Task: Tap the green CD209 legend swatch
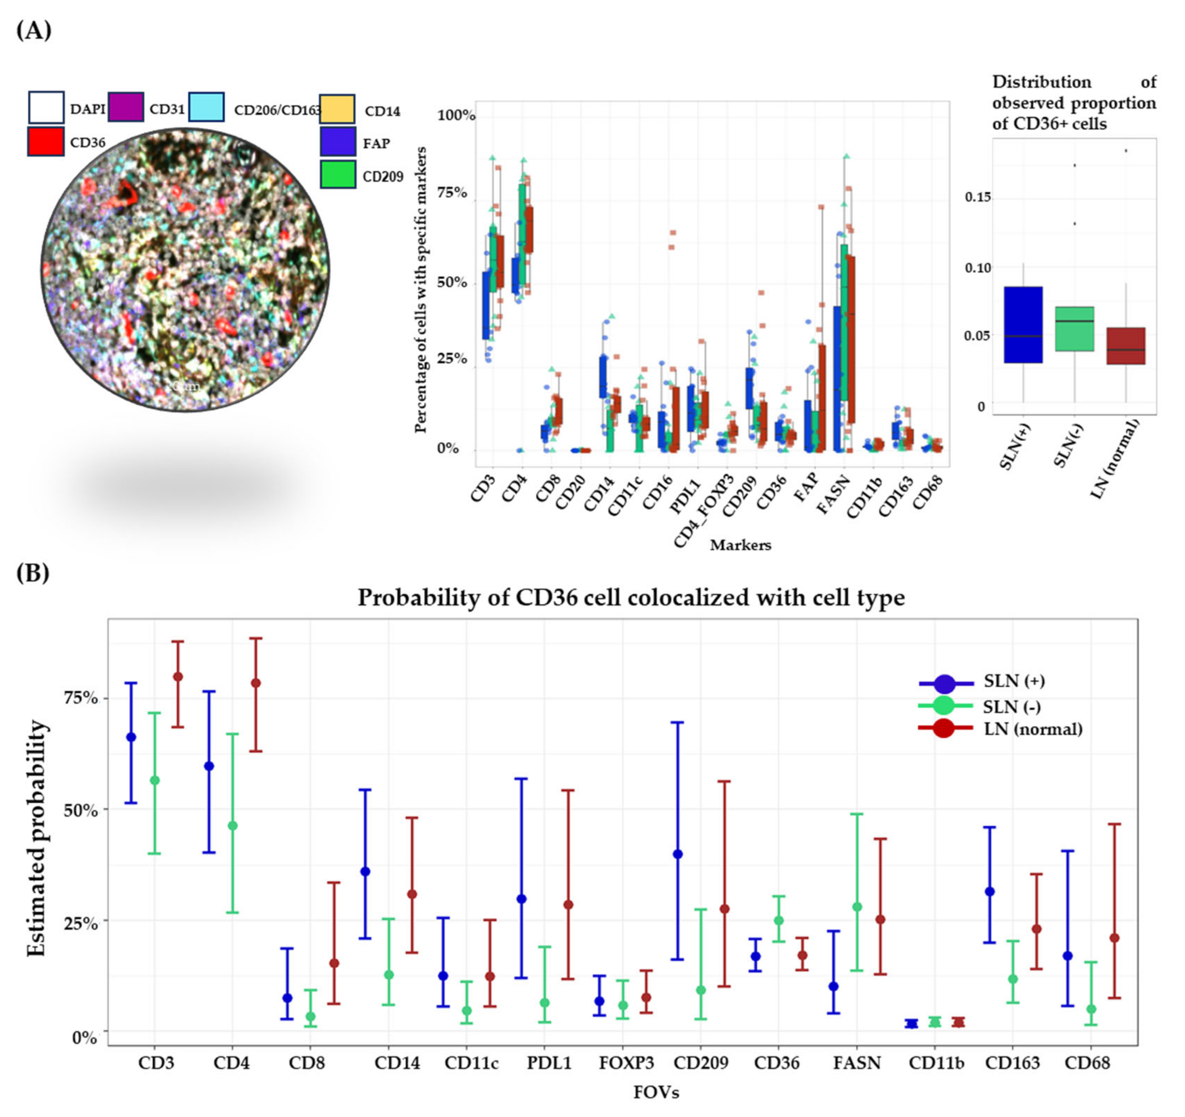pyautogui.click(x=338, y=174)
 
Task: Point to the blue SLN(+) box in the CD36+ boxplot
pyautogui.click(x=1023, y=325)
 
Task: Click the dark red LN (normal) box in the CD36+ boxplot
pyautogui.click(x=1125, y=346)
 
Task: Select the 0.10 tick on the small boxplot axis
pyautogui.click(x=977, y=268)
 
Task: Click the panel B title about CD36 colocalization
pyautogui.click(x=631, y=598)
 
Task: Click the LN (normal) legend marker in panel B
pyautogui.click(x=944, y=729)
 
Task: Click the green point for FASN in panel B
pyautogui.click(x=857, y=907)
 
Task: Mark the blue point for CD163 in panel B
pyautogui.click(x=990, y=892)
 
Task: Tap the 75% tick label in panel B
pyautogui.click(x=81, y=698)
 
